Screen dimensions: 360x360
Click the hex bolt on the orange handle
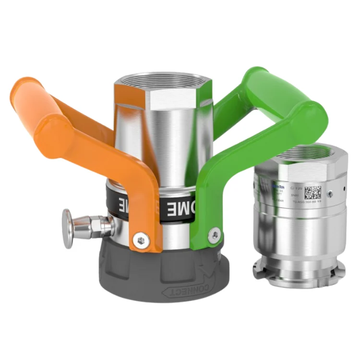coord(140,240)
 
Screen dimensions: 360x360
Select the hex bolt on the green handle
coord(215,235)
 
